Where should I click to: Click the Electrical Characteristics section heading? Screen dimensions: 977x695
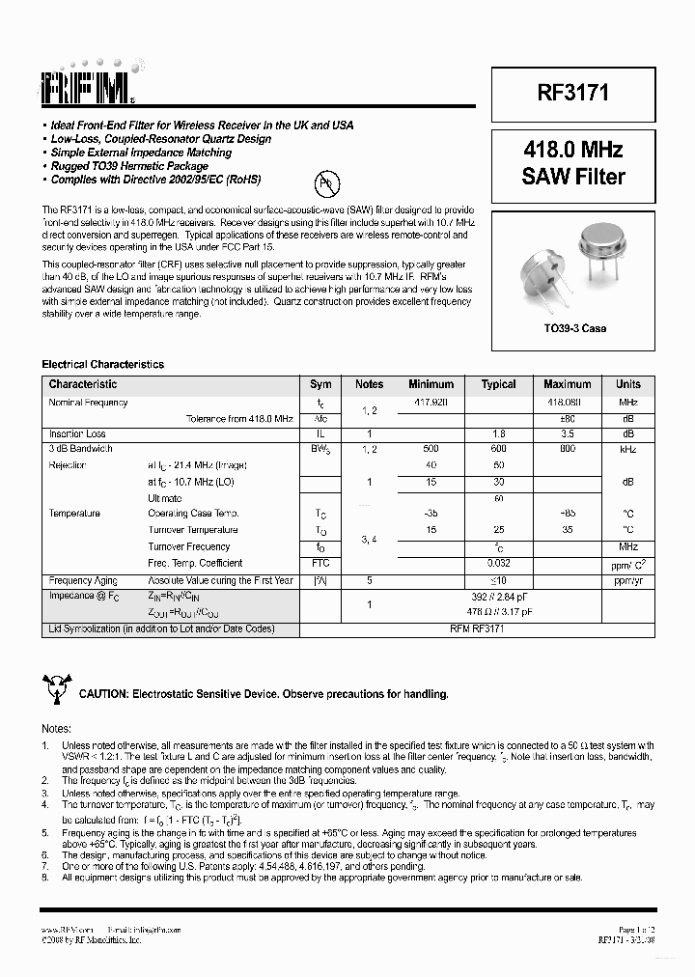coord(102,364)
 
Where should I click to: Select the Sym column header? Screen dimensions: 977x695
coord(320,384)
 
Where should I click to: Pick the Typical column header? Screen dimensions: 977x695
coord(498,384)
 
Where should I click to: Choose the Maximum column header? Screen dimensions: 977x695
coord(567,384)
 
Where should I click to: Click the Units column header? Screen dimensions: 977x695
coord(627,384)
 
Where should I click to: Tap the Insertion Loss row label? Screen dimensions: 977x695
coord(77,434)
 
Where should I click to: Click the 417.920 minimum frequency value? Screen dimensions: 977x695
coord(431,403)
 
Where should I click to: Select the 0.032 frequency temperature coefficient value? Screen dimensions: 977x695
coord(498,563)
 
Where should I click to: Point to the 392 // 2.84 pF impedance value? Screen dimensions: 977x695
coord(498,597)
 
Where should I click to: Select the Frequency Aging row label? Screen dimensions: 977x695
coord(83,580)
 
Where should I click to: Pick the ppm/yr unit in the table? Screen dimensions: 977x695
coord(627,580)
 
